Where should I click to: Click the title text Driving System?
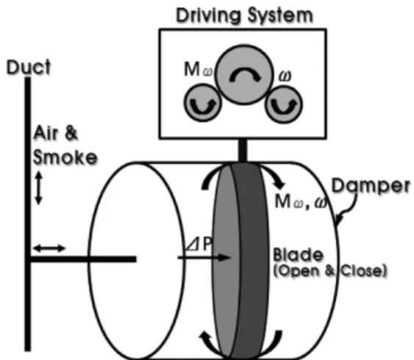click(x=244, y=16)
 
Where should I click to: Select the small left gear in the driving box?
click(x=203, y=102)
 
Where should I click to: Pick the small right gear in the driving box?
click(x=284, y=104)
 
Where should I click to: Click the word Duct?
click(x=29, y=67)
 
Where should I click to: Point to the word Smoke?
click(x=65, y=157)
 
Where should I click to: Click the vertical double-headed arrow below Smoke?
click(x=39, y=188)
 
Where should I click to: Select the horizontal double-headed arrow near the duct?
click(x=49, y=248)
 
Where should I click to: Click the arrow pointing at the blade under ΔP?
click(x=204, y=257)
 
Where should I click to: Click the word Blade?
click(x=298, y=255)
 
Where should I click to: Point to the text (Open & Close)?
click(x=330, y=271)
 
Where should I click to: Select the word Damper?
click(x=371, y=186)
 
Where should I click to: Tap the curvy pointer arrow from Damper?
click(x=348, y=209)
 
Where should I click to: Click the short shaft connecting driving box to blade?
click(x=243, y=151)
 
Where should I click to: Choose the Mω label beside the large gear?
click(x=199, y=70)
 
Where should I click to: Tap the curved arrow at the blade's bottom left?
click(x=209, y=343)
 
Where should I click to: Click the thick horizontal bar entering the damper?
click(x=83, y=259)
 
